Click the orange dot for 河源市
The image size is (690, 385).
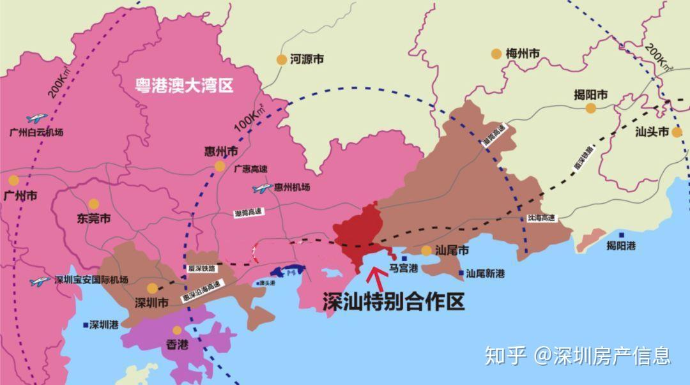point(281,59)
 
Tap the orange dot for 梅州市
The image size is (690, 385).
point(496,54)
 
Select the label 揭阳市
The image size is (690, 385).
point(590,95)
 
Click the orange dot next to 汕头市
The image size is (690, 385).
point(676,133)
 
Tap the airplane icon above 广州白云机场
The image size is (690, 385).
point(37,118)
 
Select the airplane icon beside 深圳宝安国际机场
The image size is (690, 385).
point(40,281)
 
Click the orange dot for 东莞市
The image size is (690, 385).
point(93,204)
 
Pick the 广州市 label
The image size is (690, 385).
point(20,196)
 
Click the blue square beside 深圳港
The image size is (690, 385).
point(86,324)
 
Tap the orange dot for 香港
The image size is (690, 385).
point(177,330)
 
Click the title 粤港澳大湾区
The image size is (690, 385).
point(184,85)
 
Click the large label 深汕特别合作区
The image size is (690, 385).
point(393,302)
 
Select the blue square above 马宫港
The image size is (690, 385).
point(403,258)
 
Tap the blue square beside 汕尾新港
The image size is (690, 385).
point(461,273)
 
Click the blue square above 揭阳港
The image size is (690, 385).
point(622,234)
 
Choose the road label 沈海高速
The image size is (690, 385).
point(541,218)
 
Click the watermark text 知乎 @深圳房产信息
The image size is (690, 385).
point(578,355)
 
